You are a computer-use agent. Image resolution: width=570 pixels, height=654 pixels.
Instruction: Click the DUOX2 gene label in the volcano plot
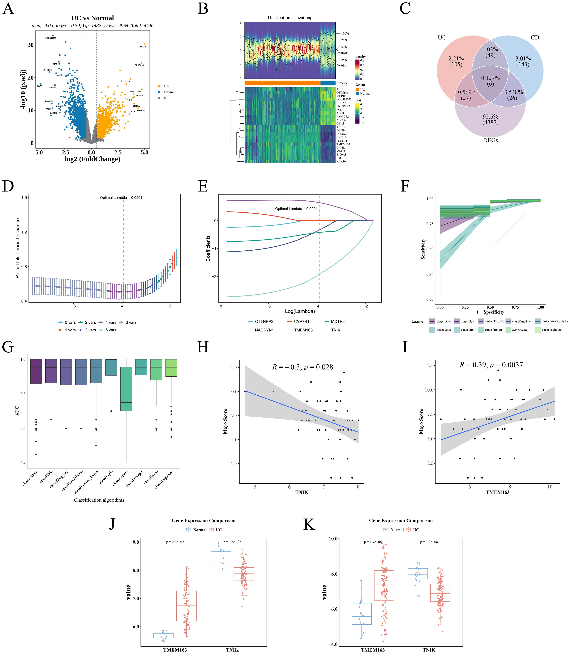pos(142,47)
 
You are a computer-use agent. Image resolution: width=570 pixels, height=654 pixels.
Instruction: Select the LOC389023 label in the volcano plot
pos(51,38)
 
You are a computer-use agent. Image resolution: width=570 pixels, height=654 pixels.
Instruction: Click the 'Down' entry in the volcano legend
pos(168,92)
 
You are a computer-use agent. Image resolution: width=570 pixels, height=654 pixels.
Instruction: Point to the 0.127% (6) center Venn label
pos(490,81)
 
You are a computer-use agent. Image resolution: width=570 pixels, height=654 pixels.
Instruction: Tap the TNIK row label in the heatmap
pos(340,89)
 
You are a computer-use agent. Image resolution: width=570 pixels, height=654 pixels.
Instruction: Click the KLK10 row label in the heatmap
pos(341,161)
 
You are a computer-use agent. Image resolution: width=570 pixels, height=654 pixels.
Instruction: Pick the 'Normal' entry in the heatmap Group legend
pos(365,94)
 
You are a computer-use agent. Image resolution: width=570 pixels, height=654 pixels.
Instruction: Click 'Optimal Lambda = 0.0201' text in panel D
pos(121,198)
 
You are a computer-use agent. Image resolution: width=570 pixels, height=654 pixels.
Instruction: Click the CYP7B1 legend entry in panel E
pos(301,322)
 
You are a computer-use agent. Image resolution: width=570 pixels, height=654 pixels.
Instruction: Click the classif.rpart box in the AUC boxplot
pos(127,389)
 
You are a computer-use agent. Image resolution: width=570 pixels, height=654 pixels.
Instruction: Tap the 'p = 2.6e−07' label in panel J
pos(175,542)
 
